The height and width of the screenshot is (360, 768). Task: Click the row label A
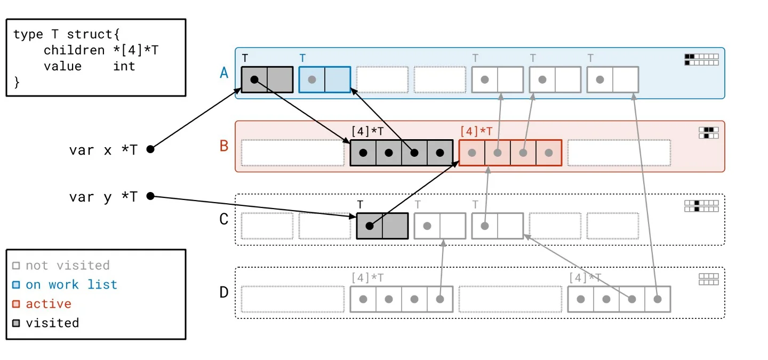[225, 73]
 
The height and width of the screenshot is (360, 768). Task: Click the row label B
[225, 146]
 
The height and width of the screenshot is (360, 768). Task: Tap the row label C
[225, 219]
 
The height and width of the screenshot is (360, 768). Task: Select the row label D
[225, 292]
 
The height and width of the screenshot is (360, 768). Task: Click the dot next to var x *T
[150, 149]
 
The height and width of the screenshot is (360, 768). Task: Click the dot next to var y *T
[150, 196]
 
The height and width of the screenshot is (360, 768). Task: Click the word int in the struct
[124, 66]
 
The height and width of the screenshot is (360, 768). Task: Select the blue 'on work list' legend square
[16, 285]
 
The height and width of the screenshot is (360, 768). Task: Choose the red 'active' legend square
[16, 304]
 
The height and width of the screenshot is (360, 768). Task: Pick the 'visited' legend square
[16, 323]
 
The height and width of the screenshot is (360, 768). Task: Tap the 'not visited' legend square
[16, 266]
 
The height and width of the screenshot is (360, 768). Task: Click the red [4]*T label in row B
[476, 131]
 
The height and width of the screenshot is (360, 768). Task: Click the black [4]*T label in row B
[367, 131]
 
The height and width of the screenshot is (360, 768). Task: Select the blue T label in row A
[302, 58]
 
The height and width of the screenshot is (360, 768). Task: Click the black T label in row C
[361, 204]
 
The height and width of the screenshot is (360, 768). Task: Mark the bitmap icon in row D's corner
[708, 279]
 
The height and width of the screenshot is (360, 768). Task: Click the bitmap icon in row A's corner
[701, 59]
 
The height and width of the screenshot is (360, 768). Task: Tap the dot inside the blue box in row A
[312, 79]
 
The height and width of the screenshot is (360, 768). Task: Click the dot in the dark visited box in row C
[369, 226]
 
